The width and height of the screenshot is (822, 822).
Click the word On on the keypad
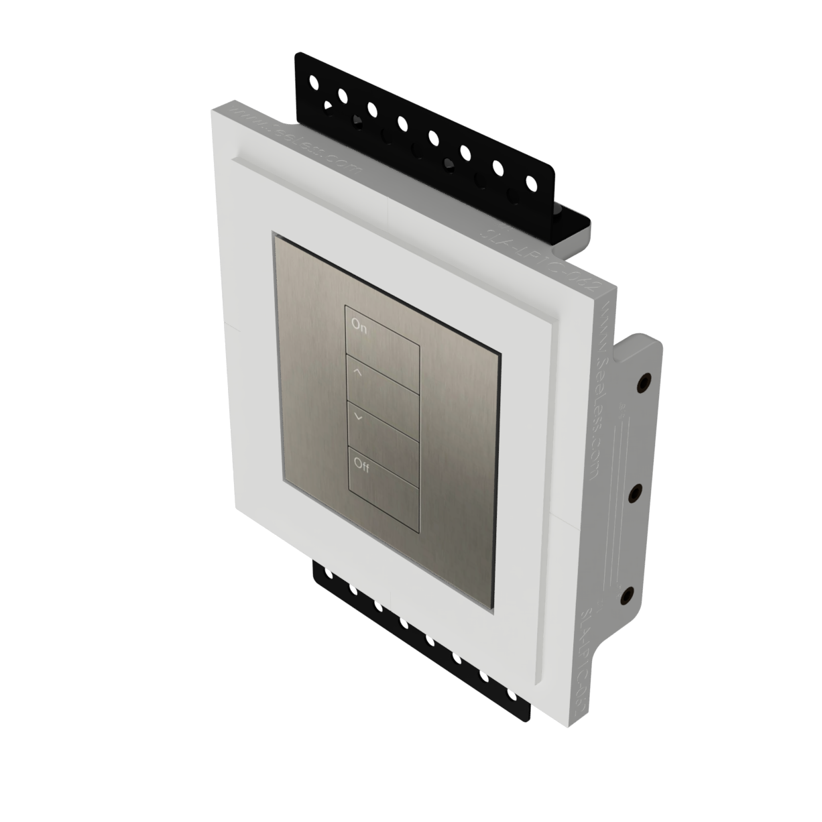(x=359, y=327)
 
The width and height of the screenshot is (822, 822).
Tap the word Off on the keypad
(x=361, y=466)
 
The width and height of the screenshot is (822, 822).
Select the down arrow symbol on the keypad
(x=358, y=417)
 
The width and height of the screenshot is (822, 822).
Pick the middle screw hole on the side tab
(x=634, y=493)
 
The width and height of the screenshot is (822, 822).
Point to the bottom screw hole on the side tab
(x=627, y=594)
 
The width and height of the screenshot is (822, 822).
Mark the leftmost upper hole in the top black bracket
(x=312, y=82)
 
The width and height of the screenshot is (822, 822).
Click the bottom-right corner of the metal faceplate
(x=494, y=612)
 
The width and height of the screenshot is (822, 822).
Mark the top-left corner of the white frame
(x=215, y=111)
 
